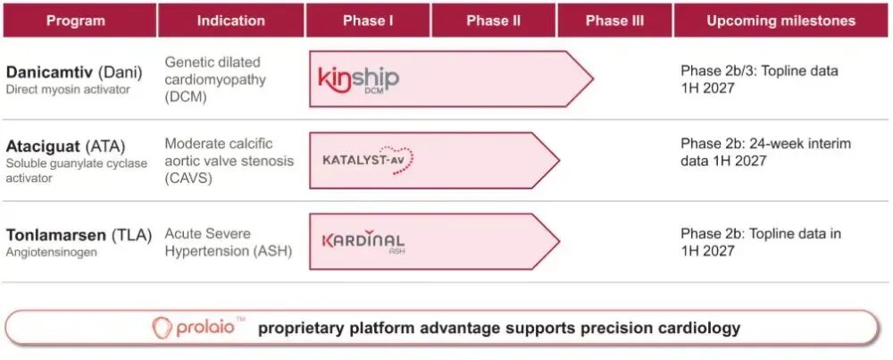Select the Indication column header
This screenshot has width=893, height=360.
coord(230,21)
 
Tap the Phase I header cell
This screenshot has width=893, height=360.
coord(368,21)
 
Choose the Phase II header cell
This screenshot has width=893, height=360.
coord(493,21)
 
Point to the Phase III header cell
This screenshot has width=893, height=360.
coord(614,21)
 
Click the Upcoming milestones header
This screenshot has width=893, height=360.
coord(780,21)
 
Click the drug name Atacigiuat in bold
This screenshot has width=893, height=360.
coord(42,147)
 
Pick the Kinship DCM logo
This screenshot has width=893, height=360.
coord(358,80)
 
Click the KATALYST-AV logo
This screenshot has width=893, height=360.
coord(367,160)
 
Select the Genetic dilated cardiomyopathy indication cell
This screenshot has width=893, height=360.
coord(215,80)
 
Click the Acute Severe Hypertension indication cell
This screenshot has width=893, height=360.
coord(229,242)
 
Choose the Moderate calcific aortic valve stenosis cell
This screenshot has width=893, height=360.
coord(229,161)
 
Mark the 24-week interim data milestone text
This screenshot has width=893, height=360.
coord(765,152)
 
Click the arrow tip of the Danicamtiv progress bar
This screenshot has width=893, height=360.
coord(594,79)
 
